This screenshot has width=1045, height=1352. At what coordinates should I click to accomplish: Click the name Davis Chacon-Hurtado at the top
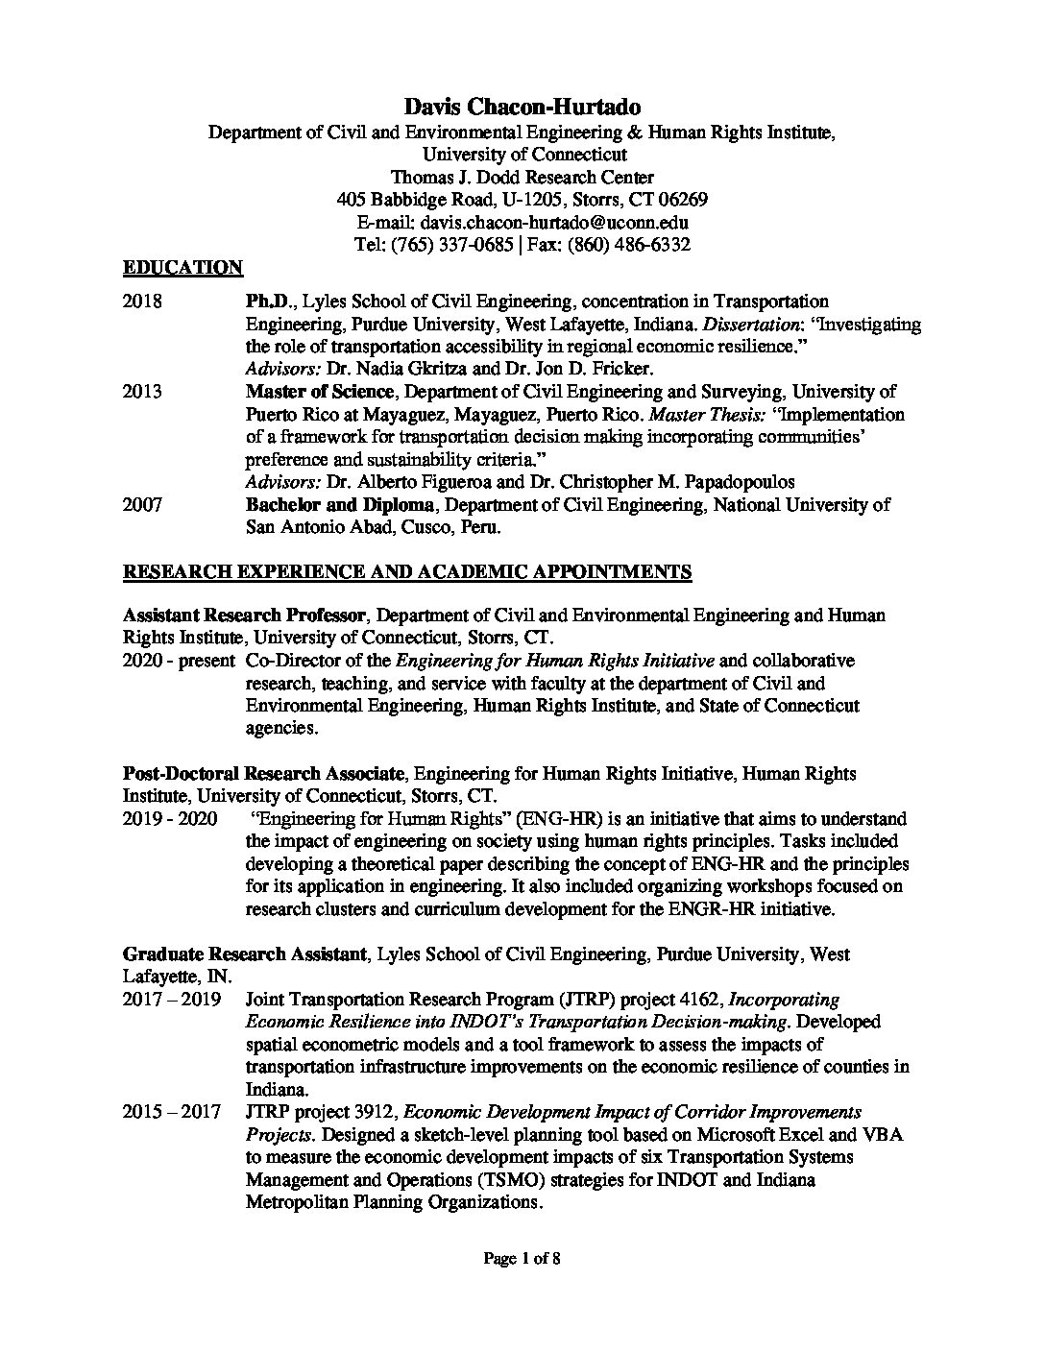[522, 108]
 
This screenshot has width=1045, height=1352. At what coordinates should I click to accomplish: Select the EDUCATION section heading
[182, 267]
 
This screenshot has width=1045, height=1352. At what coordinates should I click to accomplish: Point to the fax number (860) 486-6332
[633, 245]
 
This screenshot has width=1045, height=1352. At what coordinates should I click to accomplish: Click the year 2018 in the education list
[142, 302]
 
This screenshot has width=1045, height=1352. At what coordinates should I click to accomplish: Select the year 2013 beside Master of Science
[142, 392]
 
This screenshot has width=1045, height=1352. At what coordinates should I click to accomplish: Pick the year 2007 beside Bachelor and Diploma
[142, 504]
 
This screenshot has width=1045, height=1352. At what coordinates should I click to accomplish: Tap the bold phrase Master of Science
[319, 392]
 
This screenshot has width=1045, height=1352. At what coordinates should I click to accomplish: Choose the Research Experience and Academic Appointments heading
[406, 572]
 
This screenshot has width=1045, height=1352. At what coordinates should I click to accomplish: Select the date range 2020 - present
[179, 661]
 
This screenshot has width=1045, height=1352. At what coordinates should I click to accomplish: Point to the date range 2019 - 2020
[169, 819]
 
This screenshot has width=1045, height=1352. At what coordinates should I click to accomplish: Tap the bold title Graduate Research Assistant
[244, 954]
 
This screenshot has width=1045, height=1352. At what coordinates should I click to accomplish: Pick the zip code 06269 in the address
[681, 200]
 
